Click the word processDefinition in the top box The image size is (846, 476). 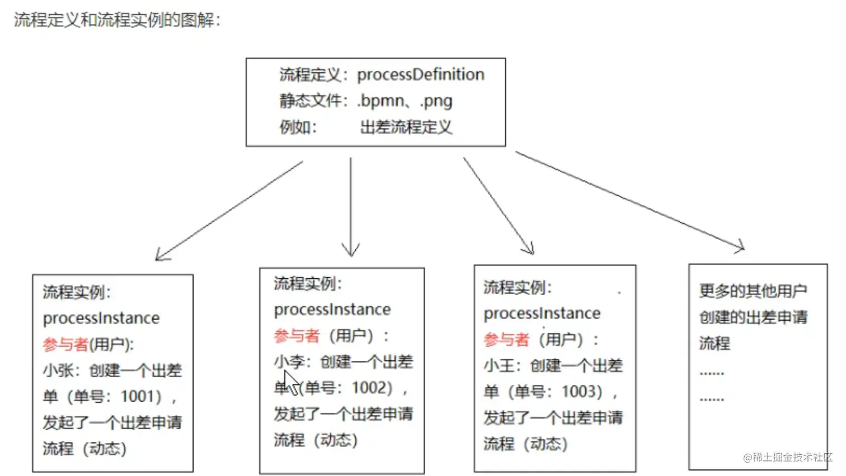421,75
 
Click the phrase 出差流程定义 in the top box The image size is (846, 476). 406,127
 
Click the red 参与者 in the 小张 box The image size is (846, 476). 65,344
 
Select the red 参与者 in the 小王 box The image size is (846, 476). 506,340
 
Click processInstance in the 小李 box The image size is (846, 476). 332,310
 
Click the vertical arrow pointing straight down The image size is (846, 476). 351,207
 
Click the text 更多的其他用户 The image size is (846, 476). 753,291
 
